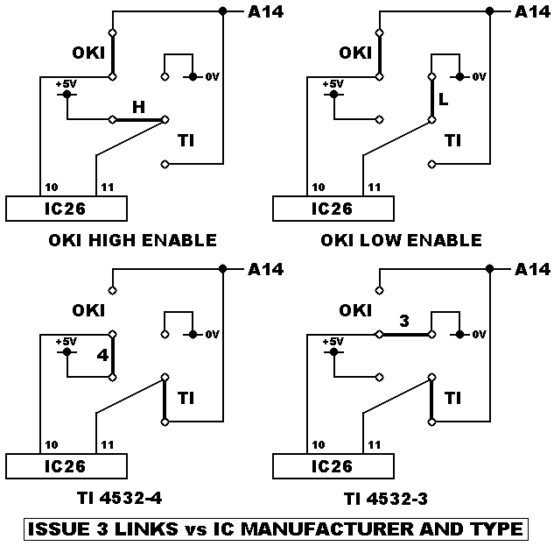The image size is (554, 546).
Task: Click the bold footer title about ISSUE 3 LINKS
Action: pos(276,529)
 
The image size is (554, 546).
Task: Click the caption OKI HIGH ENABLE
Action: pos(131,240)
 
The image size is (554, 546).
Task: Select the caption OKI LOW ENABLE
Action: pos(402,240)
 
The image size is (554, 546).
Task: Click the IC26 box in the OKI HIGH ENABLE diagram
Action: pos(67,209)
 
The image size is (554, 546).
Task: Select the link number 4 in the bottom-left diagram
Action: pos(102,357)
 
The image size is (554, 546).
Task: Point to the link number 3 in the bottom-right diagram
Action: pos(404,321)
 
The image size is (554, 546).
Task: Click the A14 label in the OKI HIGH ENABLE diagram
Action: pos(266,11)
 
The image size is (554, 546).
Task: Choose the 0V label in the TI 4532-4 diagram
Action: pos(211,334)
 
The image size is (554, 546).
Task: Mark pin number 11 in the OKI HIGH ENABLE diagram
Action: pos(108,188)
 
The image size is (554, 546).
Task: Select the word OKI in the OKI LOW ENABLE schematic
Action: pos(355,53)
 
